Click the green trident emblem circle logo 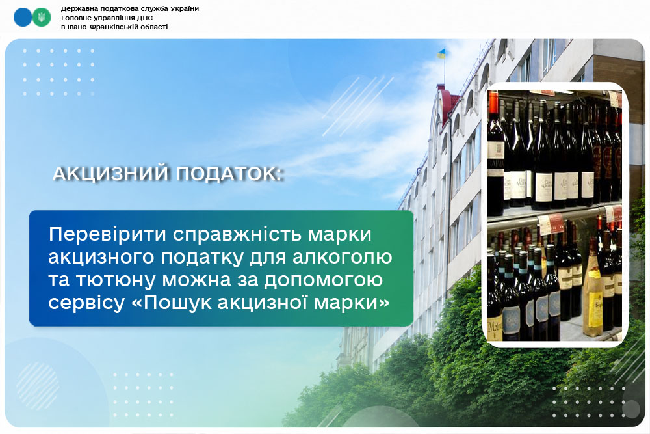click(42, 18)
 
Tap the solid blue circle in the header click(23, 18)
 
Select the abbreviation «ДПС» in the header click(145, 18)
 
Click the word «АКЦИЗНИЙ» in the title click(110, 174)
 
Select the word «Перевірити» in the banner click(108, 235)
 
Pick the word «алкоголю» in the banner click(343, 258)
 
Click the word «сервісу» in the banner click(86, 303)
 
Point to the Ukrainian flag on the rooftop click(441, 53)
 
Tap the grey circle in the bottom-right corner click(630, 409)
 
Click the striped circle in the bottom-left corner click(38, 386)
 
